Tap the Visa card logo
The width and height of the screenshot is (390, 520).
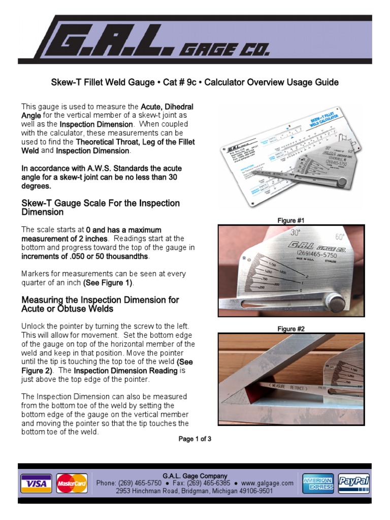point(36,483)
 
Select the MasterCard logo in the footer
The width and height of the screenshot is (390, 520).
point(72,483)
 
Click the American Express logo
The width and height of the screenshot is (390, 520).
point(317,483)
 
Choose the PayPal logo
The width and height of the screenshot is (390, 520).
point(353,483)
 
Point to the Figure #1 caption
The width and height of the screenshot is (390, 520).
point(291,220)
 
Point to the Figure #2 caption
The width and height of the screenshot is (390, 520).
point(291,329)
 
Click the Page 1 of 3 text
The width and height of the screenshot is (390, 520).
point(194,439)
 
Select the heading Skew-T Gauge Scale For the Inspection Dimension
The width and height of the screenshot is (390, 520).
point(100,207)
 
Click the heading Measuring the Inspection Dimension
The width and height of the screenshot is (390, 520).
point(100,304)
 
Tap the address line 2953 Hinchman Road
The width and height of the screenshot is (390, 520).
point(194,491)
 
